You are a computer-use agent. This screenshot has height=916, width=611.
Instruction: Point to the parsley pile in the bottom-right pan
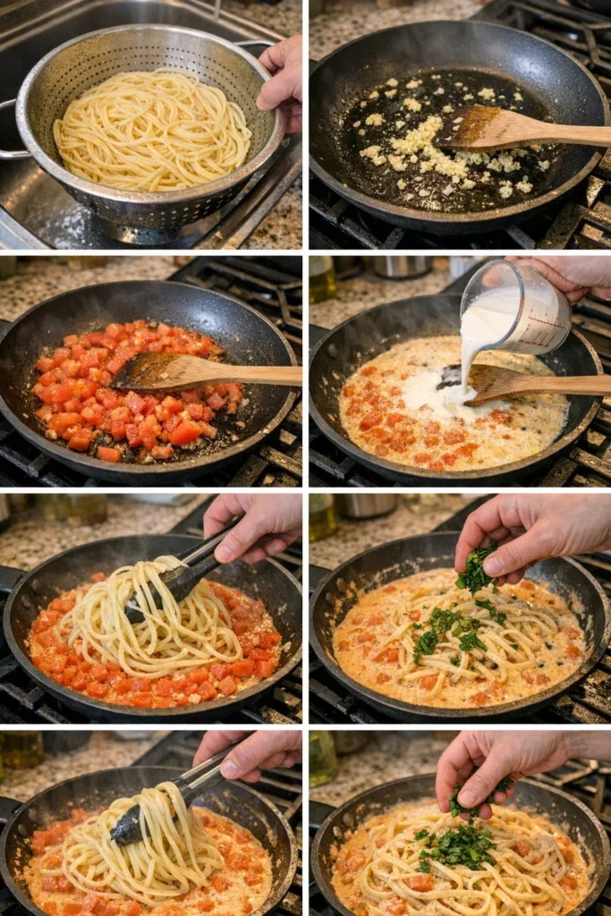(461, 845)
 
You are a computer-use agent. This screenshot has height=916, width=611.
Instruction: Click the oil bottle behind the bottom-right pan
(322, 757)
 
